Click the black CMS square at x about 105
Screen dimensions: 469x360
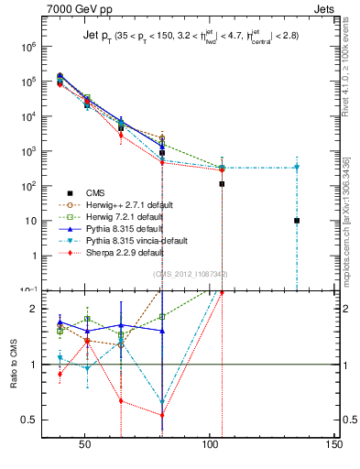222,184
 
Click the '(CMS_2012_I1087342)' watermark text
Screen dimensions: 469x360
191,274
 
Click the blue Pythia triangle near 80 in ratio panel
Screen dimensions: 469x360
162,331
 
